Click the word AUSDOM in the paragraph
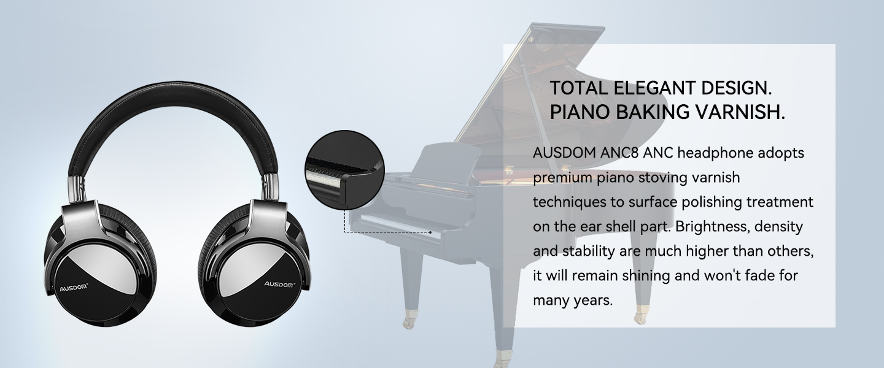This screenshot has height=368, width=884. coord(564,153)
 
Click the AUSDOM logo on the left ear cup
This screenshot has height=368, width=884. coord(74,288)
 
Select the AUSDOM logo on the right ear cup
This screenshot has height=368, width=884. coord(279,284)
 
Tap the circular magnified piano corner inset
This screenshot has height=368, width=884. coord(345,170)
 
